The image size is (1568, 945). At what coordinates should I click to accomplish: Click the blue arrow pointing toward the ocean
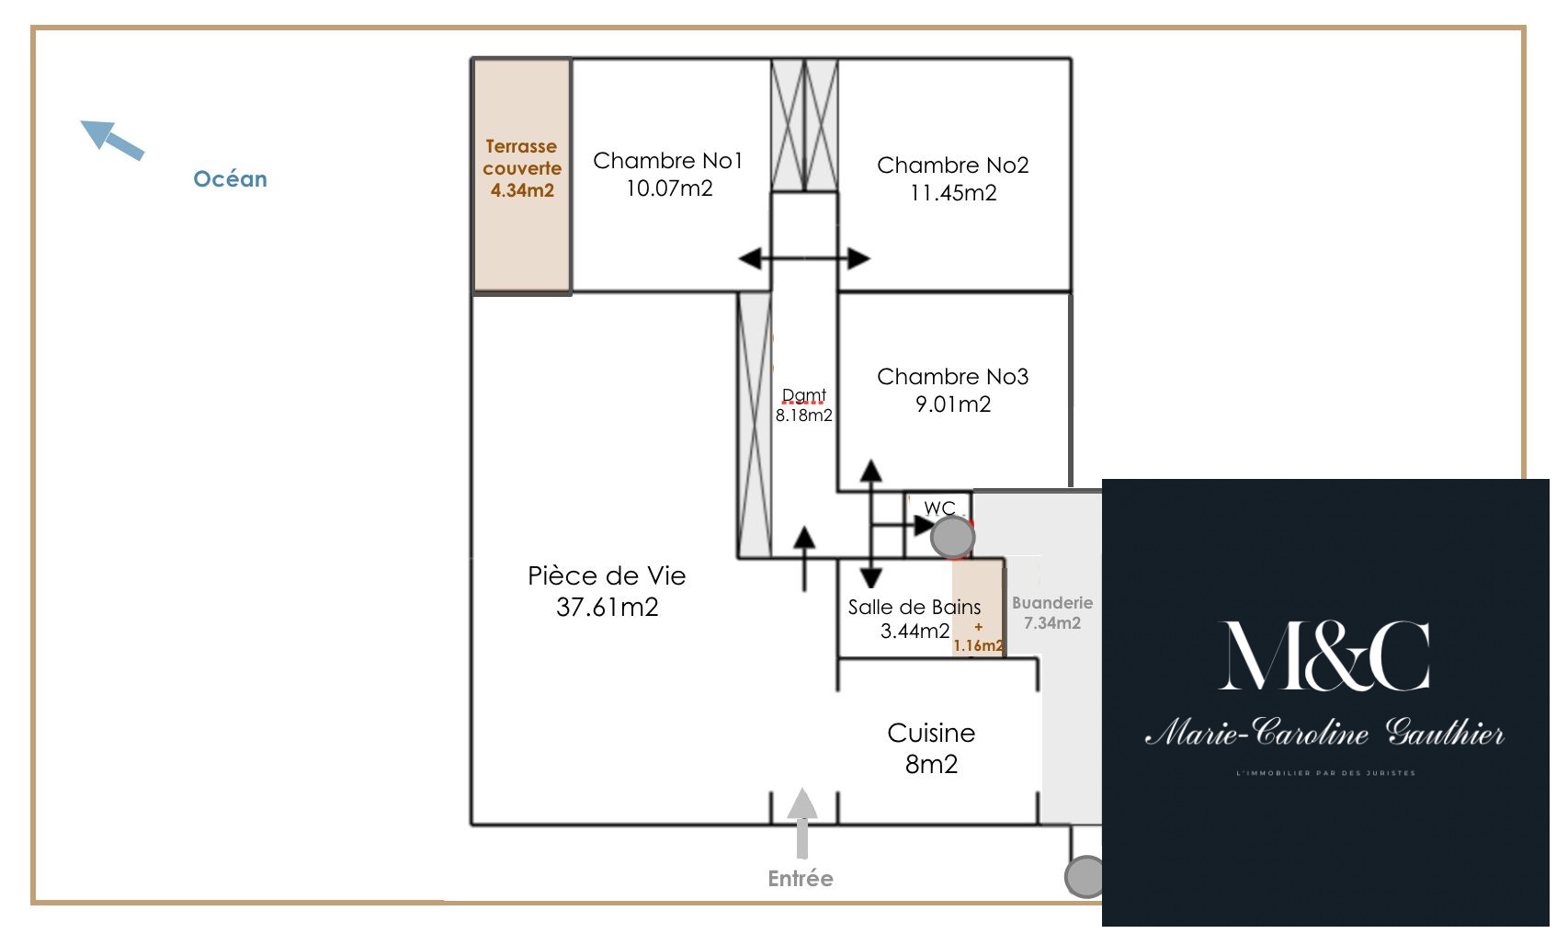coord(112,140)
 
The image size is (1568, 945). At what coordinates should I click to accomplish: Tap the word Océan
coord(230,179)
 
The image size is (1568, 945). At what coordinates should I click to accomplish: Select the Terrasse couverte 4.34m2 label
coord(522,168)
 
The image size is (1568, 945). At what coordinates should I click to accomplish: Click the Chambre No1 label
coord(668,161)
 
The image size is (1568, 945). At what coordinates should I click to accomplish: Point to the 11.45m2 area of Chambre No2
coord(953,193)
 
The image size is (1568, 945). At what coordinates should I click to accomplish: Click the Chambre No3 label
coord(952,377)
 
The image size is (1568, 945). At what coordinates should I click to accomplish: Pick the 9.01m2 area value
coord(953,404)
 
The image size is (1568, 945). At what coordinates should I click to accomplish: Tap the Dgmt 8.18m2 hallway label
coord(803,405)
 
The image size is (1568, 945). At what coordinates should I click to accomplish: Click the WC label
coord(939,508)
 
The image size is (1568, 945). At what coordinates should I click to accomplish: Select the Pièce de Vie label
coord(607,576)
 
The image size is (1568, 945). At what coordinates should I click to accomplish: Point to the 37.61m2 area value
coord(607,608)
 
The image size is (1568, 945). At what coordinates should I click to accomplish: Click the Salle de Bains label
coord(914,608)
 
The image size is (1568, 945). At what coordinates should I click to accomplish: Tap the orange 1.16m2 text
coord(978,645)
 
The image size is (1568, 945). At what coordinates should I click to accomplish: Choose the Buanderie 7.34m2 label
coord(1052,612)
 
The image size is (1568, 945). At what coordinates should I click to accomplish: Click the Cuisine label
coord(931,734)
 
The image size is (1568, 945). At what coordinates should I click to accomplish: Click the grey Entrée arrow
coord(802,821)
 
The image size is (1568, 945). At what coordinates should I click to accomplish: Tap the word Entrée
coord(801,879)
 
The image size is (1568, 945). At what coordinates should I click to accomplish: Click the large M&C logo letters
coord(1324,656)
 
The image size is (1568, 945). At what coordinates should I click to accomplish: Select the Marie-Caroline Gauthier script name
coord(1324,733)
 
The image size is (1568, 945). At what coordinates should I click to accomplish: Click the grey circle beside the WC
coord(952,537)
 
